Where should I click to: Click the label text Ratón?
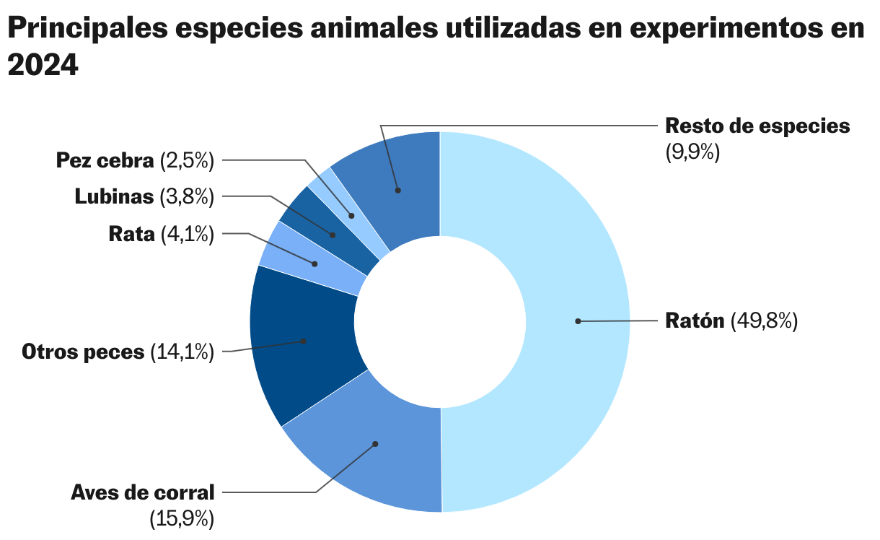click(x=694, y=321)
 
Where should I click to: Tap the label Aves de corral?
click(x=143, y=492)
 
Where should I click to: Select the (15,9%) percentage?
click(x=182, y=518)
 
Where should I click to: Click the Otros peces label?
click(x=83, y=352)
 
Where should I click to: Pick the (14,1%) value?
click(x=182, y=352)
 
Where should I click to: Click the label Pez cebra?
click(x=105, y=160)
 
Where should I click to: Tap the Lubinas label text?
click(x=115, y=196)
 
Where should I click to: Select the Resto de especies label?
click(x=757, y=126)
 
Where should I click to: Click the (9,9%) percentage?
click(x=692, y=152)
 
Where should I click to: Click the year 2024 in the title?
click(x=43, y=66)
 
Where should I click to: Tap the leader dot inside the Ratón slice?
click(x=578, y=321)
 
